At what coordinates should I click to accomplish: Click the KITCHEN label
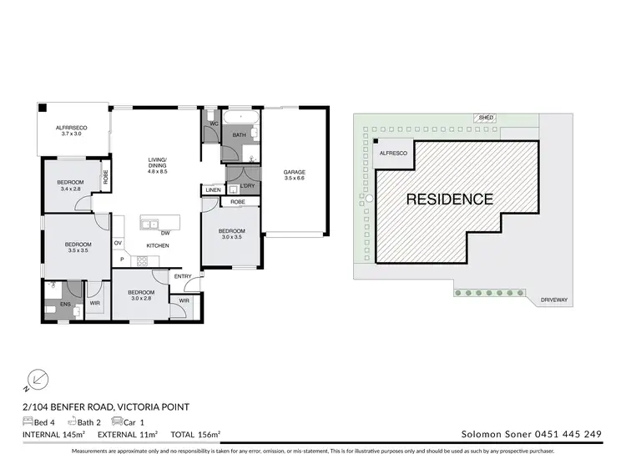pyautogui.click(x=158, y=245)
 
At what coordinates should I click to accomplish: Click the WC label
pyautogui.click(x=214, y=124)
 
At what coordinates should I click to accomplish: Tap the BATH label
pyautogui.click(x=239, y=134)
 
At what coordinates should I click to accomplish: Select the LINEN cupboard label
pyautogui.click(x=212, y=190)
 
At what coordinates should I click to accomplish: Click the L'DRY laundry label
pyautogui.click(x=247, y=185)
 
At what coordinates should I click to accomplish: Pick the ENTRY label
pyautogui.click(x=183, y=276)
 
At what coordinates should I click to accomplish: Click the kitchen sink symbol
pyautogui.click(x=150, y=224)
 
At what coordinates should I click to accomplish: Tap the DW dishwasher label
pyautogui.click(x=166, y=232)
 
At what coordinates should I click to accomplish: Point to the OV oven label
pyautogui.click(x=118, y=243)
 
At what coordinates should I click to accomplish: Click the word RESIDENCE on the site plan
pyautogui.click(x=450, y=199)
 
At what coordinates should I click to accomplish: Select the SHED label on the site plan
pyautogui.click(x=483, y=118)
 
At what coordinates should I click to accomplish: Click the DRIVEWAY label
pyautogui.click(x=554, y=299)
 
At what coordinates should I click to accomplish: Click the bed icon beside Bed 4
pyautogui.click(x=28, y=421)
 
